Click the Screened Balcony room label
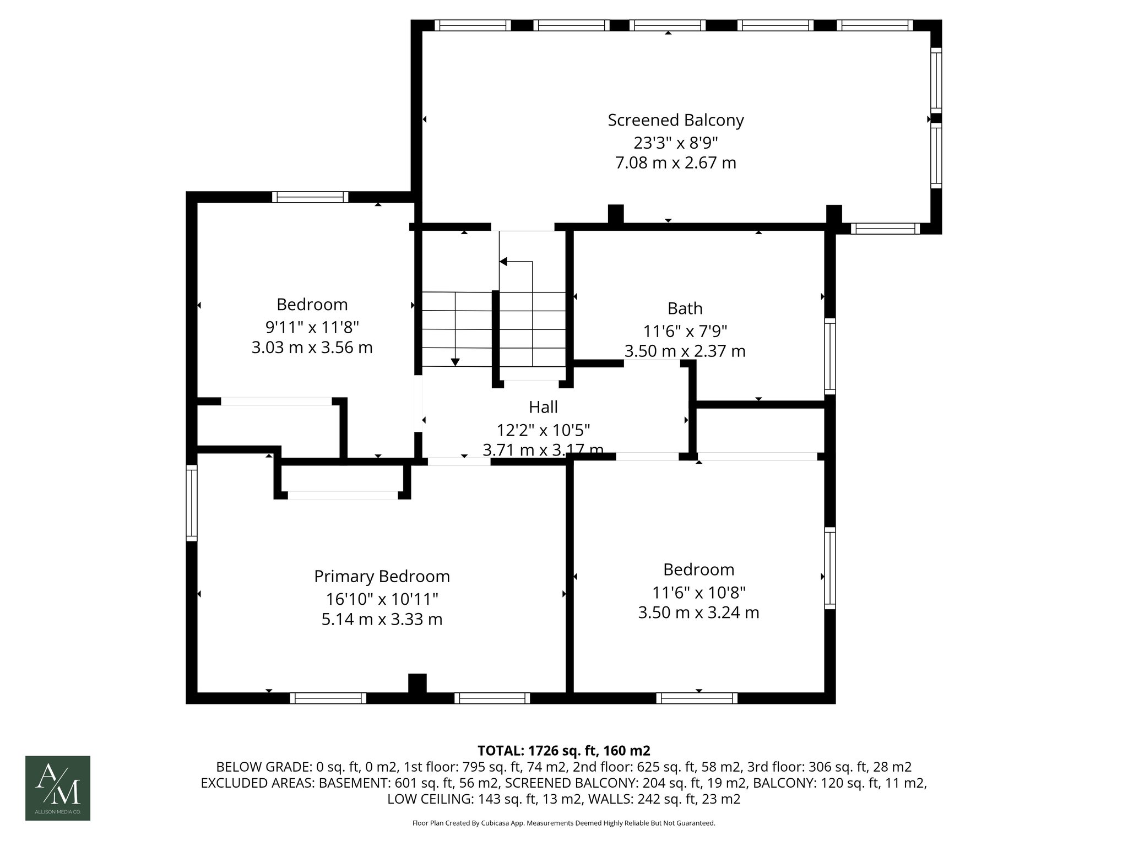tap(675, 120)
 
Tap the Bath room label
tap(685, 308)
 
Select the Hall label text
tap(543, 407)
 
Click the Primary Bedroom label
tap(382, 576)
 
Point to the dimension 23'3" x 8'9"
tap(675, 143)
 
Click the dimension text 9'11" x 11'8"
tap(312, 327)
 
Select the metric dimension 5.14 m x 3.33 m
tap(382, 619)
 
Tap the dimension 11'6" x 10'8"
tap(698, 592)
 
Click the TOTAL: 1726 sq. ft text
tap(563, 751)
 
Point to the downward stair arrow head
tap(455, 362)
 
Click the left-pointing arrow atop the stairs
tap(503, 262)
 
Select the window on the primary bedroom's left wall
tap(191, 502)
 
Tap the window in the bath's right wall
tap(829, 356)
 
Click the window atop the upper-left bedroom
tap(310, 197)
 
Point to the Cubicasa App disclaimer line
tap(563, 823)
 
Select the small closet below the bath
tap(760, 430)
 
